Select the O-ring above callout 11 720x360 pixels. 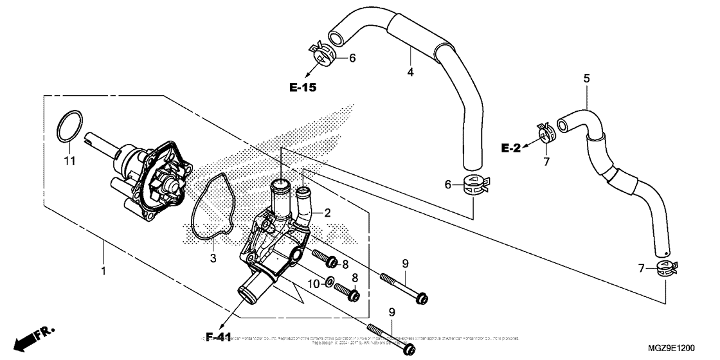(70, 127)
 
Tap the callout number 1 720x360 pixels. (103, 271)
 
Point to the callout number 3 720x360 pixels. (213, 258)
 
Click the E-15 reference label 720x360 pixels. (302, 87)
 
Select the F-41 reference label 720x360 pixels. (219, 336)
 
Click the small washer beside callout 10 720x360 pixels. (329, 281)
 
